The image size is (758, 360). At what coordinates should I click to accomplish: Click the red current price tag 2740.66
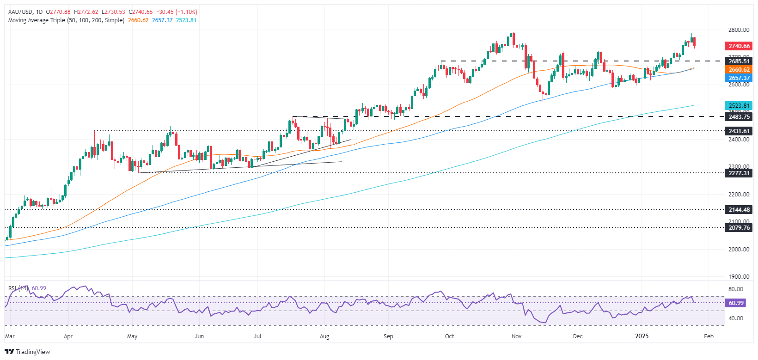(x=739, y=46)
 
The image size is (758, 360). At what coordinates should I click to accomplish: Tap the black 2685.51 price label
(x=739, y=61)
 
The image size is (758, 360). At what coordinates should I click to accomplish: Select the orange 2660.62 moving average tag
(x=739, y=70)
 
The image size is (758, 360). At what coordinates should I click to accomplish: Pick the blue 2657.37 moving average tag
(x=739, y=78)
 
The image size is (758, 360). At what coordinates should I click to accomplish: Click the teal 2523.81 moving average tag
(x=739, y=106)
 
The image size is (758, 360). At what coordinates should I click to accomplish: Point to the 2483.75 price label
(x=739, y=117)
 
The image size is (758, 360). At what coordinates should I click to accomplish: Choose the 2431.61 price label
(x=739, y=131)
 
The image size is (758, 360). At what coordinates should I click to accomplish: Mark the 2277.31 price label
(x=739, y=173)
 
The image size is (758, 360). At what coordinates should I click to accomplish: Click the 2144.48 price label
(x=739, y=210)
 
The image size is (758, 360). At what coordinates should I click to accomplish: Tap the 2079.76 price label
(x=739, y=228)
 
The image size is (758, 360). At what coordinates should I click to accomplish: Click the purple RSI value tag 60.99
(x=736, y=303)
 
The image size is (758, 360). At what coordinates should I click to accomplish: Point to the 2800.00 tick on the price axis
(x=739, y=30)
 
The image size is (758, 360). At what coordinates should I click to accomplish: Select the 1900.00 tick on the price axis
(x=739, y=277)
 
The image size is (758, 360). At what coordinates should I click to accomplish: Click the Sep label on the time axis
(x=388, y=336)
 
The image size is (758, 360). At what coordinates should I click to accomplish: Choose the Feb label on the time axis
(x=709, y=336)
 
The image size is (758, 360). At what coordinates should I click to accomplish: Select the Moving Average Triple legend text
(x=66, y=20)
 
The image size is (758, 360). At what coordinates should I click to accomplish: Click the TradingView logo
(x=28, y=352)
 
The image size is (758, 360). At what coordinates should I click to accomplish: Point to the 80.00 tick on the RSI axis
(x=736, y=289)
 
